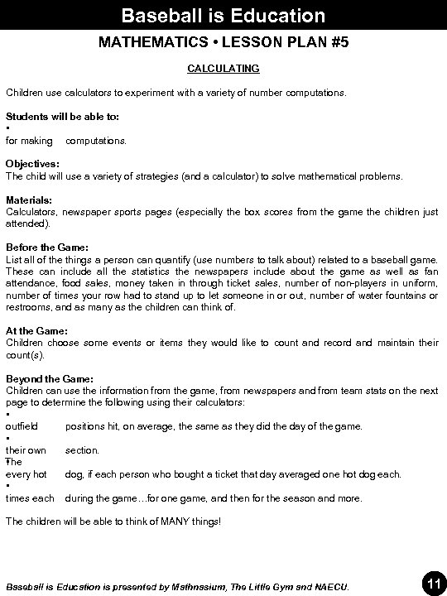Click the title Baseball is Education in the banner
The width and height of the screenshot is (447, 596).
click(223, 15)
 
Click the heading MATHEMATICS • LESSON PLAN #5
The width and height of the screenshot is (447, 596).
click(223, 42)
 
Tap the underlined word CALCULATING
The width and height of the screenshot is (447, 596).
click(223, 68)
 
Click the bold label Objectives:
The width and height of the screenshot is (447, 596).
click(32, 164)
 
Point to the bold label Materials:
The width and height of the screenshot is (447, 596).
click(29, 200)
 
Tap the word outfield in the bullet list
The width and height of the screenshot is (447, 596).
click(22, 426)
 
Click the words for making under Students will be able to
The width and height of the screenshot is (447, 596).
click(29, 141)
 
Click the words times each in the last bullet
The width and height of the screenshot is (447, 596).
click(30, 498)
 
